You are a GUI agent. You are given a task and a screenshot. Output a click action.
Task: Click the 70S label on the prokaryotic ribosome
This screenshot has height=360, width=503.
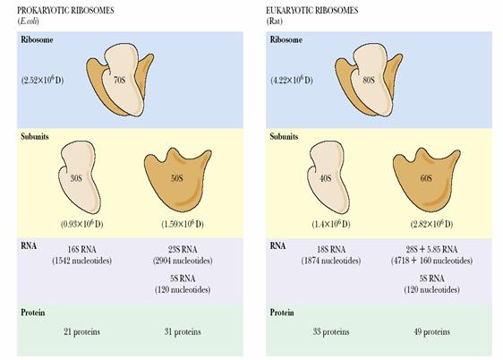(x=119, y=80)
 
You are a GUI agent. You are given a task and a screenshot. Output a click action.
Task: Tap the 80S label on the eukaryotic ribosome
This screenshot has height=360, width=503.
(x=369, y=80)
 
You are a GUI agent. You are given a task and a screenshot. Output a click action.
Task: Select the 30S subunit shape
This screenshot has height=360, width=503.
(x=79, y=177)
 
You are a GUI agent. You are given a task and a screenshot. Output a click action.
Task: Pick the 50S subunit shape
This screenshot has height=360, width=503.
(x=177, y=179)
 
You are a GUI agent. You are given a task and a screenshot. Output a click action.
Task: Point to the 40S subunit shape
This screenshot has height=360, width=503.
(x=328, y=177)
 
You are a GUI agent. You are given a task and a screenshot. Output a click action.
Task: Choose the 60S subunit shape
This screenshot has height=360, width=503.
(x=426, y=179)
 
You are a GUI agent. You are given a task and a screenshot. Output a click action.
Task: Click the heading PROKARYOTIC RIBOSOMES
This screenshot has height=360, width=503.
(x=65, y=11)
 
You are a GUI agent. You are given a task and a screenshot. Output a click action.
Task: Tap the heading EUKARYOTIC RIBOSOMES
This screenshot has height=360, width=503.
(x=311, y=11)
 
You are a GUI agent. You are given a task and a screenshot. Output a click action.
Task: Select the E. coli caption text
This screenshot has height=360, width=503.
(x=28, y=21)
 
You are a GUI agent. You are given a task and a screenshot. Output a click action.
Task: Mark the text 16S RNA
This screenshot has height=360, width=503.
(x=81, y=249)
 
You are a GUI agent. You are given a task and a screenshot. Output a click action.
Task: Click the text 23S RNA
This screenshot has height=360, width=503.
(x=183, y=249)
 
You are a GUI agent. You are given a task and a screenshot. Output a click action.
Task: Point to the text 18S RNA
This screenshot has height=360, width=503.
(x=331, y=249)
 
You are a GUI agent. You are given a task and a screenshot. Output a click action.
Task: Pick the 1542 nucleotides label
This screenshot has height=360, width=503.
(x=81, y=261)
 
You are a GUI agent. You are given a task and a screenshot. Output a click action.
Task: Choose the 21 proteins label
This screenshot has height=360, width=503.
(x=81, y=331)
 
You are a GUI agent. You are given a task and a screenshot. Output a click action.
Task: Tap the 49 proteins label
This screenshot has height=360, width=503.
(x=431, y=331)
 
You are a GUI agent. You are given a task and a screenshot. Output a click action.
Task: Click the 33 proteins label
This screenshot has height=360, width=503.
(x=331, y=331)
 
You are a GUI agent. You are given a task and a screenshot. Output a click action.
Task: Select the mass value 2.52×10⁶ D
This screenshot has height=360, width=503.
(x=42, y=80)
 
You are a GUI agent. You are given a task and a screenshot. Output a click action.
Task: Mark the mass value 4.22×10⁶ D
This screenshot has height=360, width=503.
(x=291, y=80)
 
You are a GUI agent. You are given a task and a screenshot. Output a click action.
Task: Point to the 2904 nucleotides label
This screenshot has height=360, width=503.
(x=183, y=261)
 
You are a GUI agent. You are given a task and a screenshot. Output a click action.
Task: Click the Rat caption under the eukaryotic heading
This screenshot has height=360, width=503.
(x=274, y=21)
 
